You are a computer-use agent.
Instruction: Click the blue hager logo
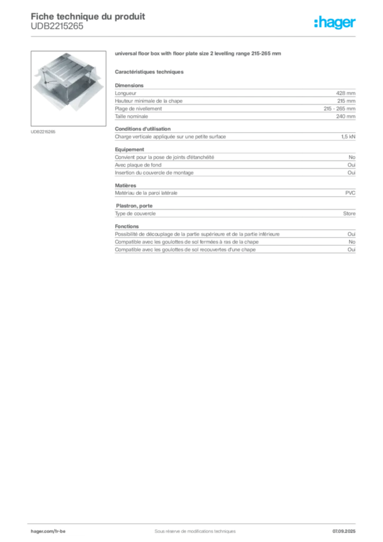336,23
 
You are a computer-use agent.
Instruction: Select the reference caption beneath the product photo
44,131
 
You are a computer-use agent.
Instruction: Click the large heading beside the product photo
199,55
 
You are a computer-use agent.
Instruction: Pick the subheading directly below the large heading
150,71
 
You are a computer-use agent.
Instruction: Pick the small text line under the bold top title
57,30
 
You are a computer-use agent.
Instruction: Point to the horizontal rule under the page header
195,36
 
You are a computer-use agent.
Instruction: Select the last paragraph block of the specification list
234,241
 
